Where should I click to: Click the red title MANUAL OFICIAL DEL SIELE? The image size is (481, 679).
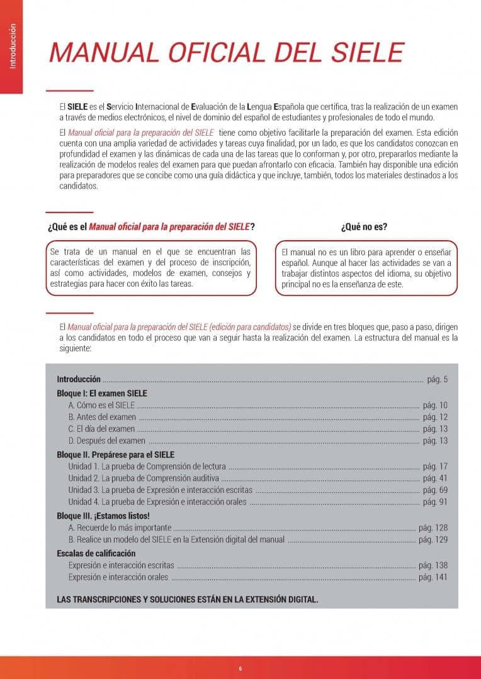pyautogui.click(x=226, y=52)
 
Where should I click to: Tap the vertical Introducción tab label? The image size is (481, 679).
pyautogui.click(x=12, y=47)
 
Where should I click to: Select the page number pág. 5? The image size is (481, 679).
pyautogui.click(x=437, y=379)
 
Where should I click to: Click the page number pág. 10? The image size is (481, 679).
pyautogui.click(x=435, y=405)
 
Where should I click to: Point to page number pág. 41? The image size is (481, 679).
pyautogui.click(x=435, y=478)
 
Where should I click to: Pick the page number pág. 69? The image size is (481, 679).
pyautogui.click(x=435, y=490)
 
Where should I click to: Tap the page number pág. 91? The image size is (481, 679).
pyautogui.click(x=435, y=502)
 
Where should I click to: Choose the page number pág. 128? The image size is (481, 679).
pyautogui.click(x=433, y=527)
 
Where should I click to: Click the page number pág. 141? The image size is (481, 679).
pyautogui.click(x=433, y=577)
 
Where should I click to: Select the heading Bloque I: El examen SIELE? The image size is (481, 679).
pyautogui.click(x=102, y=393)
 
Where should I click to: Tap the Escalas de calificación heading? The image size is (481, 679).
pyautogui.click(x=96, y=553)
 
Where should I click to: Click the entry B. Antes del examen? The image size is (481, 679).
pyautogui.click(x=102, y=417)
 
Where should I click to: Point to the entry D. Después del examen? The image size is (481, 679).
pyautogui.click(x=107, y=441)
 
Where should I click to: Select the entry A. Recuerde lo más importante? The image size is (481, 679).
pyautogui.click(x=120, y=527)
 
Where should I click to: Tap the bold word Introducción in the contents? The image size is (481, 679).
pyautogui.click(x=79, y=379)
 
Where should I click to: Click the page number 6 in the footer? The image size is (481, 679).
pyautogui.click(x=241, y=668)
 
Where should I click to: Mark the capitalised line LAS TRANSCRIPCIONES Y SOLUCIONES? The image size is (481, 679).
pyautogui.click(x=188, y=599)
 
